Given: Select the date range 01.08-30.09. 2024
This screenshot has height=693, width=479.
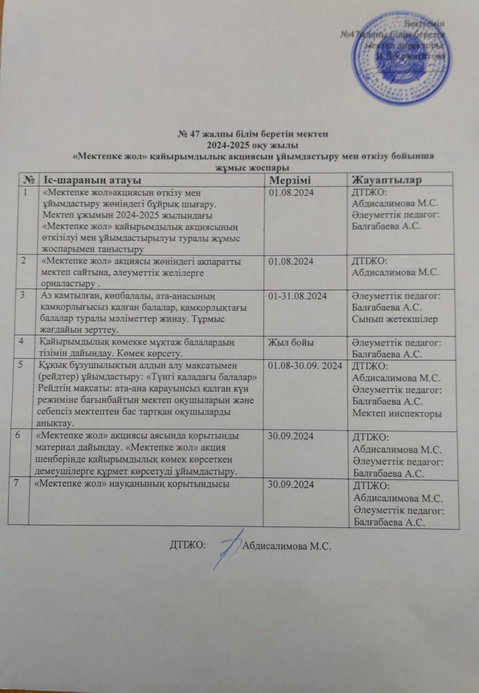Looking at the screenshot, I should click(305, 366).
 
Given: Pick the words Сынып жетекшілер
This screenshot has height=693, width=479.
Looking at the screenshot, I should click(395, 319).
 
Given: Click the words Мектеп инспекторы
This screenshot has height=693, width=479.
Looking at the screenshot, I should click(397, 413).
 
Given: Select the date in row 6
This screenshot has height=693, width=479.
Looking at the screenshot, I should click(291, 436).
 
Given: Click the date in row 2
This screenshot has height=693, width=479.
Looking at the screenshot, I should click(291, 261).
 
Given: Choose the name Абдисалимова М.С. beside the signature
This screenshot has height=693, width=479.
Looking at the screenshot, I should click(287, 546).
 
